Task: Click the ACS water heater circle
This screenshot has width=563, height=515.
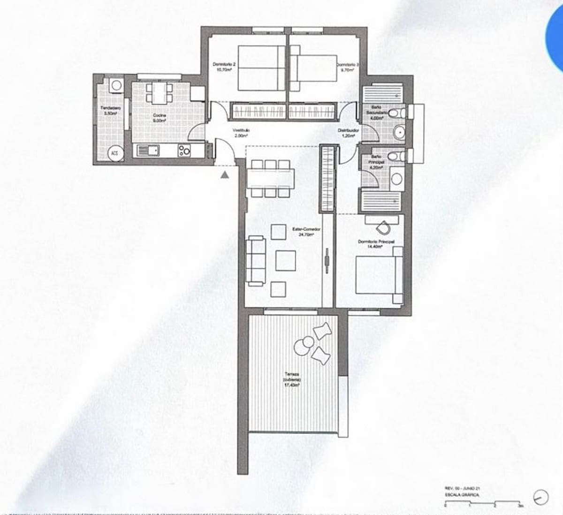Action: click(114, 153)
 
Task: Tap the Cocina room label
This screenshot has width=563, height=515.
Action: click(157, 117)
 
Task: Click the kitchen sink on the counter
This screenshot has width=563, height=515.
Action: click(148, 151)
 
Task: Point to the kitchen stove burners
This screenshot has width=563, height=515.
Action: click(184, 150)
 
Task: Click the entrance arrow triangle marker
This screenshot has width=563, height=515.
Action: click(225, 175)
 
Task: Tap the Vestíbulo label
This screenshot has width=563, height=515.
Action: click(241, 133)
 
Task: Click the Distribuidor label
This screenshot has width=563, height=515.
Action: click(348, 133)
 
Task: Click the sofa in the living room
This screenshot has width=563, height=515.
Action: click(256, 261)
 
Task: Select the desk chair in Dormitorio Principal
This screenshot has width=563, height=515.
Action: click(382, 227)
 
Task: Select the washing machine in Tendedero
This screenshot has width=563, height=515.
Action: click(116, 85)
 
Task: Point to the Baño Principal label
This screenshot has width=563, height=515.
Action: click(376, 162)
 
